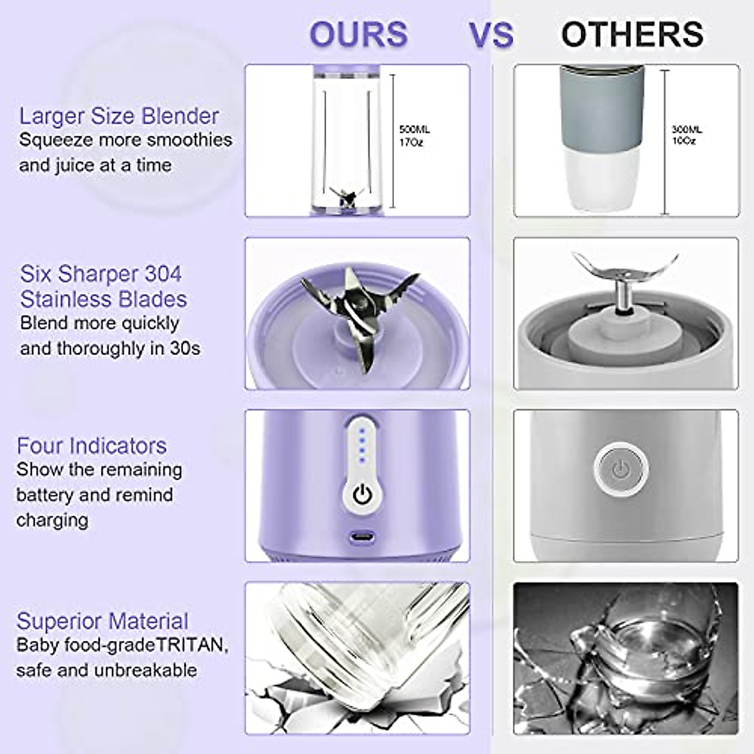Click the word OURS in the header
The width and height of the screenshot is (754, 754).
pyautogui.click(x=358, y=35)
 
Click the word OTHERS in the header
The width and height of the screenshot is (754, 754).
pyautogui.click(x=632, y=35)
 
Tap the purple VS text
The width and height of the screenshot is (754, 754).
pyautogui.click(x=491, y=35)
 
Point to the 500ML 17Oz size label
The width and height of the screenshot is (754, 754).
pyautogui.click(x=415, y=136)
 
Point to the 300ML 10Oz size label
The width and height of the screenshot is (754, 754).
pyautogui.click(x=687, y=134)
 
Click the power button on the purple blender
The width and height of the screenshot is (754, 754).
pyautogui.click(x=361, y=494)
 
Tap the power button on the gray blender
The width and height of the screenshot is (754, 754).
pyautogui.click(x=620, y=468)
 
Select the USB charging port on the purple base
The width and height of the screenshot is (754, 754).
pyautogui.click(x=361, y=537)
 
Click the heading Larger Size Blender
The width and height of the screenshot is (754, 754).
pyautogui.click(x=119, y=116)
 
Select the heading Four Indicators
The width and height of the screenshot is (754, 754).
pyautogui.click(x=92, y=445)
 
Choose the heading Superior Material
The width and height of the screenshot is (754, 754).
pyautogui.click(x=102, y=621)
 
